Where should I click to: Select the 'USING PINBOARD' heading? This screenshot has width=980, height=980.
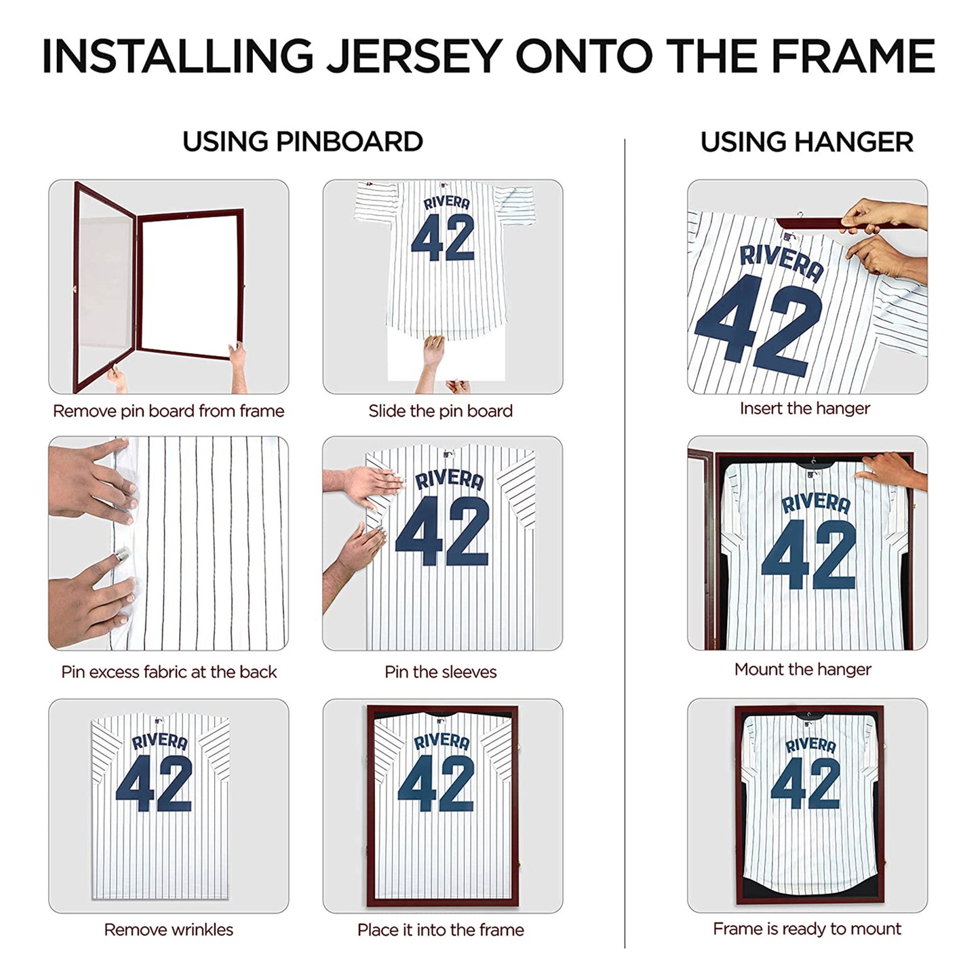pos(302,142)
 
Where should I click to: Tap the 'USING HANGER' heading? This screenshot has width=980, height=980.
pos(806,142)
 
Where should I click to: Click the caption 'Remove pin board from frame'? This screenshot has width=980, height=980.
pos(168,411)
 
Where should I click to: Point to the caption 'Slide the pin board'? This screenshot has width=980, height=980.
pos(440,411)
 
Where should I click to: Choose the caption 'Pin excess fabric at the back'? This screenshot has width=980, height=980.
pos(169,672)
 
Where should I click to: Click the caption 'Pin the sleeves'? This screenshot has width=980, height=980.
pos(440,672)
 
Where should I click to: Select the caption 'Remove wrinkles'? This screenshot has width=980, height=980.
pos(168,930)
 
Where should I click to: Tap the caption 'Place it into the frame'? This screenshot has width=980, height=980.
pos(440,930)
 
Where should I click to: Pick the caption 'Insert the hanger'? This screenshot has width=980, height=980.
pos(804,408)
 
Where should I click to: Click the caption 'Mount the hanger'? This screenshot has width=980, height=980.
pos(802,669)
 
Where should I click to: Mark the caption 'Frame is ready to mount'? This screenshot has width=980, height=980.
pos(806,928)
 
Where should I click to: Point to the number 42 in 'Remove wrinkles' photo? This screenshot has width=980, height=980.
pos(154,783)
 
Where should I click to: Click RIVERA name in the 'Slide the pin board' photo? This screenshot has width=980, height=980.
pos(446,203)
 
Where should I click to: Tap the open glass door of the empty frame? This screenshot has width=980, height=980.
pos(103,285)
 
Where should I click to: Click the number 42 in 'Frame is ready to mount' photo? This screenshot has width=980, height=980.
pos(805,783)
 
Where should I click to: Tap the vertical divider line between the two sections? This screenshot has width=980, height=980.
pos(625,543)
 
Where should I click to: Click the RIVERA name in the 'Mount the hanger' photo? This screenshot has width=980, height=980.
pos(815,503)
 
